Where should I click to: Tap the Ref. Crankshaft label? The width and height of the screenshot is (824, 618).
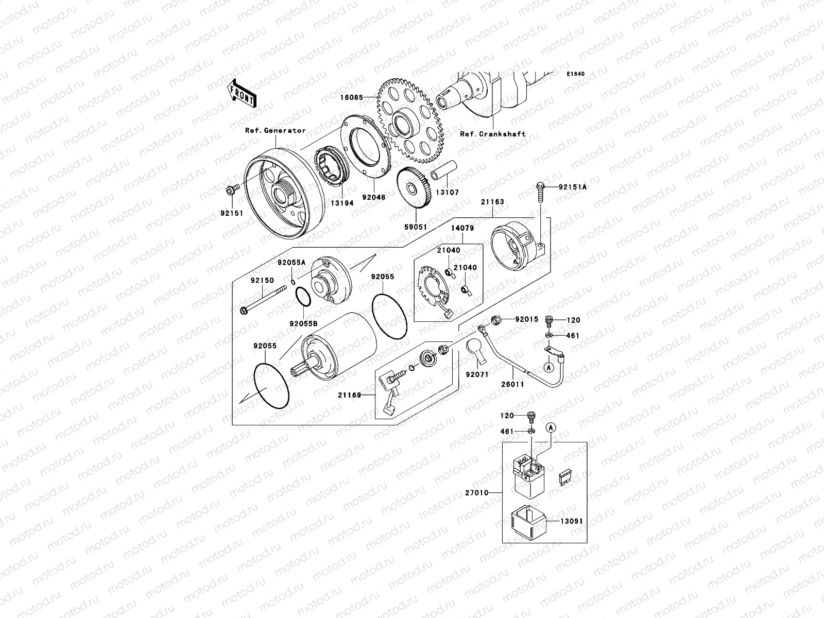click(x=492, y=134)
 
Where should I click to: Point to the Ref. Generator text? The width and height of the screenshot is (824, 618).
click(x=275, y=131)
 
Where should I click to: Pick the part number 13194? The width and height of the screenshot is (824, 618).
click(x=342, y=203)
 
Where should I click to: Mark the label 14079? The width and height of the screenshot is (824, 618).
click(x=462, y=228)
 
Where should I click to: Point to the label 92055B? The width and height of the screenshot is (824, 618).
click(x=303, y=324)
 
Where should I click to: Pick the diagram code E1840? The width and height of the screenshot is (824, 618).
click(x=576, y=74)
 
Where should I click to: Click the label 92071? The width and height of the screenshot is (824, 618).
click(x=477, y=375)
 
